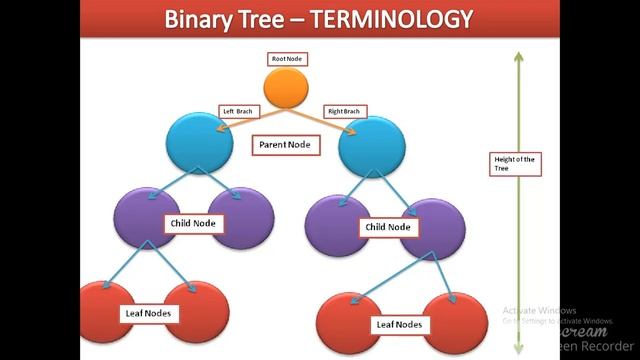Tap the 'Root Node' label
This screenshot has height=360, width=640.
coord(287,59)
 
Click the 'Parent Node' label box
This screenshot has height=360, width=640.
coord(285,145)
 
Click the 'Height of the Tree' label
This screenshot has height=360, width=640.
coord(517,162)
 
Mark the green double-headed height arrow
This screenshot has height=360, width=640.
coord(516,250)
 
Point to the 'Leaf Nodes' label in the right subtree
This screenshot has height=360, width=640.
coord(398,325)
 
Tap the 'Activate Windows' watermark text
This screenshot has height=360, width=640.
coord(540,310)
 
